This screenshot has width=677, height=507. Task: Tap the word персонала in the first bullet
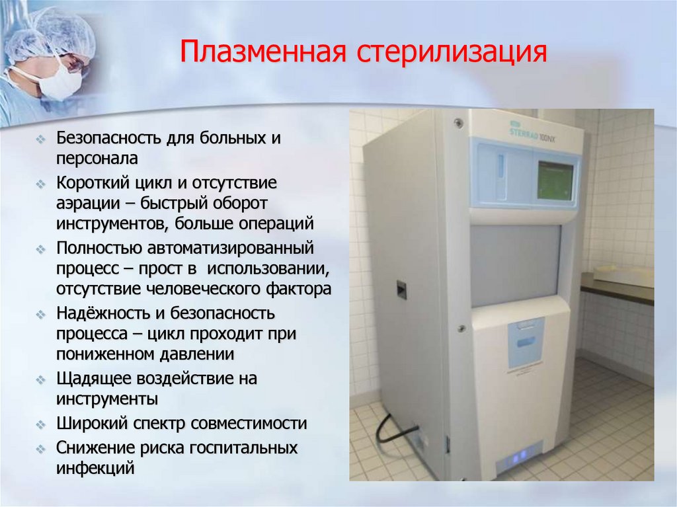(x=97, y=159)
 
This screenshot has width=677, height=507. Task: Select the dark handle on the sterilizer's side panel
(x=400, y=288)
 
